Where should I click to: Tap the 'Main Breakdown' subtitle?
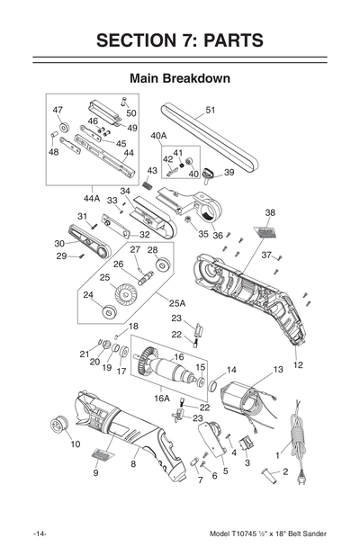coord(179,78)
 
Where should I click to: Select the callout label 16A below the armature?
coord(162,397)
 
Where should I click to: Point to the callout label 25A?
coord(177,303)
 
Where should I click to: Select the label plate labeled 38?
coord(265,231)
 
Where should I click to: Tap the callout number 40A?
coord(159,137)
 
